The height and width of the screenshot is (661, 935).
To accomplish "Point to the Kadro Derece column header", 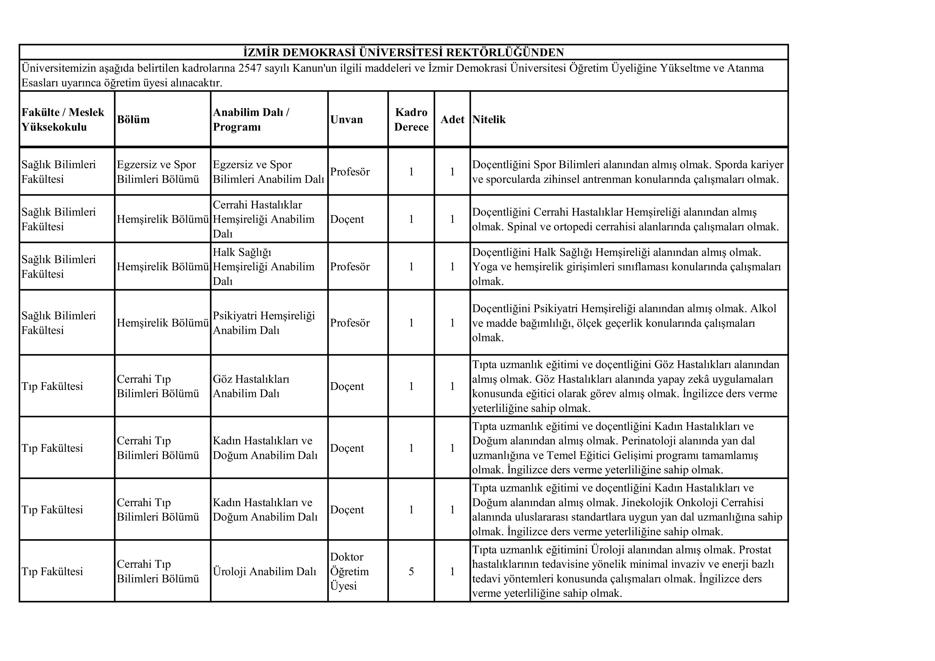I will click(411, 120).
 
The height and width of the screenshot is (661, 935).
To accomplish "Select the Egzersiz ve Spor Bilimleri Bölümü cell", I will click(158, 172).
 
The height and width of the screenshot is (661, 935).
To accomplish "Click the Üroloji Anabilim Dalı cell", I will click(264, 571).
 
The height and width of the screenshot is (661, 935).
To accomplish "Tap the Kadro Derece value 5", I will click(411, 571).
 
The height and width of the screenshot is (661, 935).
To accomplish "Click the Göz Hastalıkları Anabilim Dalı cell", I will click(251, 386).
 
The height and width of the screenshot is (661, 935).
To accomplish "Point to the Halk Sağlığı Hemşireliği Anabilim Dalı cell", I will click(263, 267).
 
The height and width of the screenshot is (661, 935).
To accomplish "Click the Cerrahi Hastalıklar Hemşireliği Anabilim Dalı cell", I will click(263, 219).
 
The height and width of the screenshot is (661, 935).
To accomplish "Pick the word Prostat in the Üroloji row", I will click(755, 550).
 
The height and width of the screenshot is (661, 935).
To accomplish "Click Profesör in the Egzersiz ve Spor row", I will click(350, 172).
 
